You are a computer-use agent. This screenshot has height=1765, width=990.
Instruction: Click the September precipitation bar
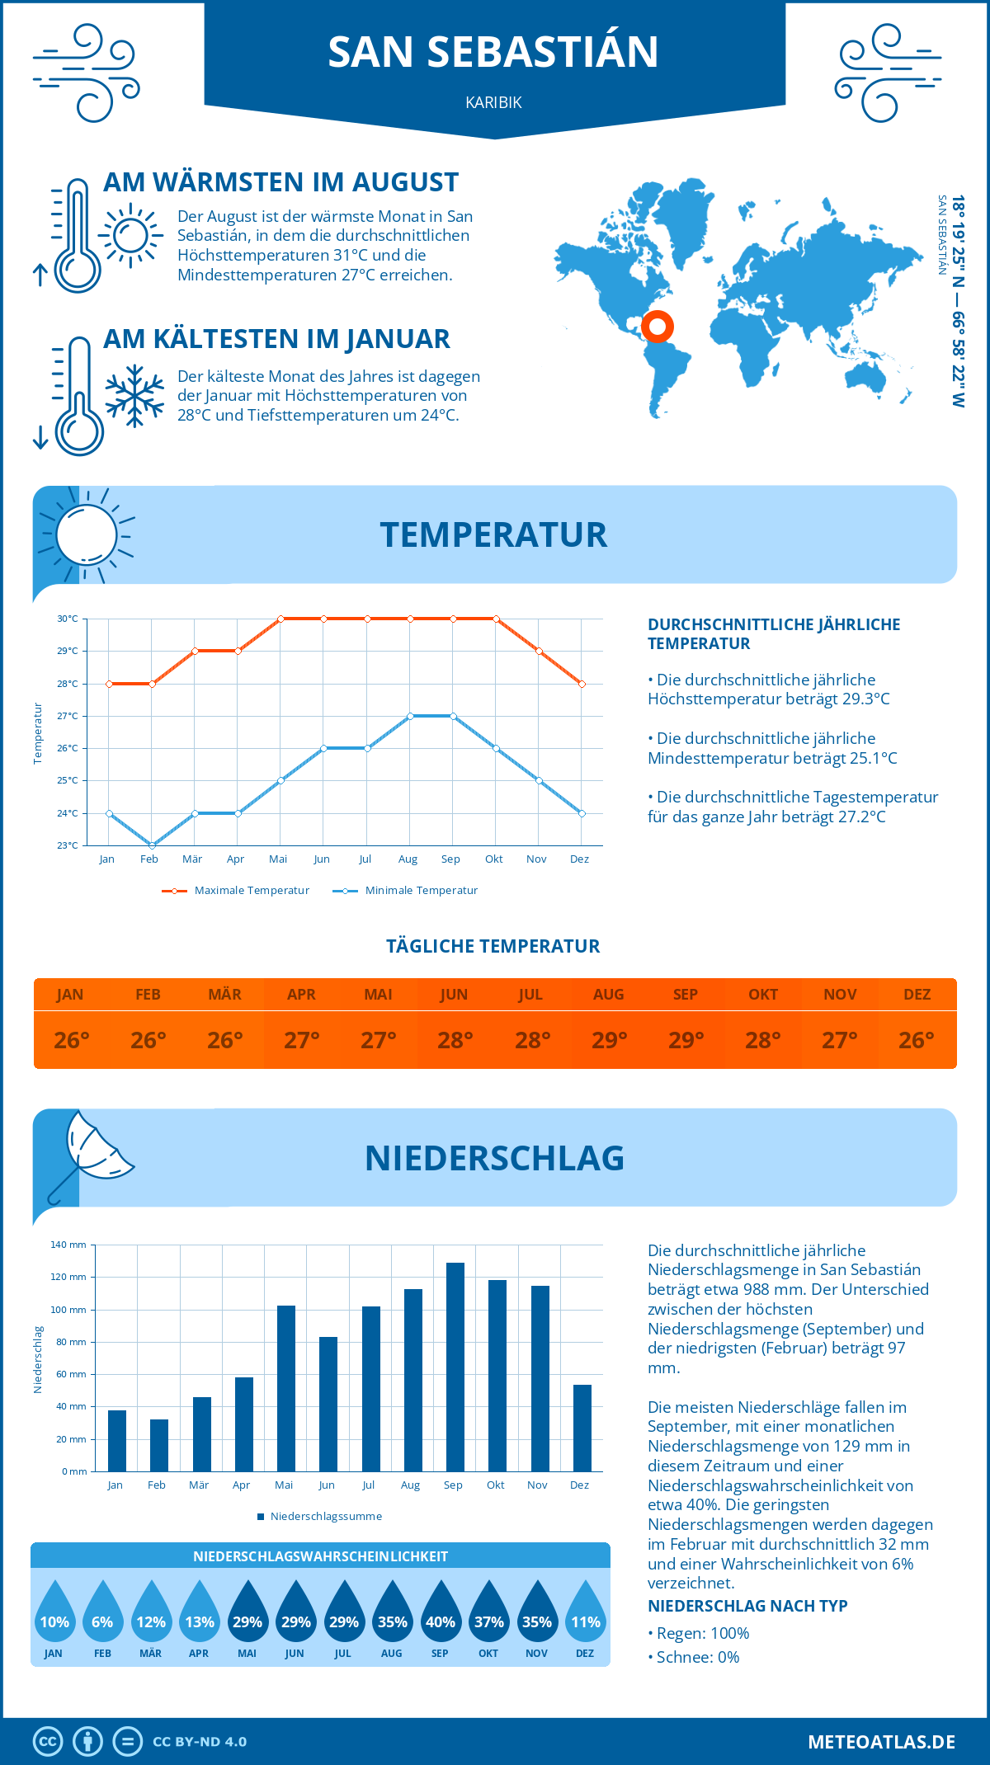(455, 1367)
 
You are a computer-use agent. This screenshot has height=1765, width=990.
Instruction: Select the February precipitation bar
(159, 1445)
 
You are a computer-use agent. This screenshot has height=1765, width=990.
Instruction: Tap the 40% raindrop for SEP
(441, 1612)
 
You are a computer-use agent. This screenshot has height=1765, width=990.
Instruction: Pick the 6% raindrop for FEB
(102, 1612)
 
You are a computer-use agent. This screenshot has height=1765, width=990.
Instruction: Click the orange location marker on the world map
(658, 327)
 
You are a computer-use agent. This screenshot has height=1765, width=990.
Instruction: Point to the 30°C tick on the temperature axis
(68, 619)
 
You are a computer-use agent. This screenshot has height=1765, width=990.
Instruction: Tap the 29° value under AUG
(609, 1040)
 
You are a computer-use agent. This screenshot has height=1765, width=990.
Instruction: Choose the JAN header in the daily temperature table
(70, 995)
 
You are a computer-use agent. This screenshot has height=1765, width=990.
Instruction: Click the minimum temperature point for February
(152, 845)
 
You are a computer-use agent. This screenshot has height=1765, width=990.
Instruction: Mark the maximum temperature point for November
(539, 651)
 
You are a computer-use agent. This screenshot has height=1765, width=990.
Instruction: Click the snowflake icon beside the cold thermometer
(134, 396)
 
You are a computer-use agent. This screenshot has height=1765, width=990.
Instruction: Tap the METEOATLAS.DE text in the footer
(881, 1742)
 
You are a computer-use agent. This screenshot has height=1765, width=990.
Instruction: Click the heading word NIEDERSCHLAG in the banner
(494, 1158)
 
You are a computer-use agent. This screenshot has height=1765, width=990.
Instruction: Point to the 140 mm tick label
(68, 1245)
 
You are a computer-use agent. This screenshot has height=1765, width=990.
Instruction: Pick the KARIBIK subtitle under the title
(493, 102)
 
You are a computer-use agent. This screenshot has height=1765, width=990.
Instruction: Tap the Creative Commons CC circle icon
(48, 1742)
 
